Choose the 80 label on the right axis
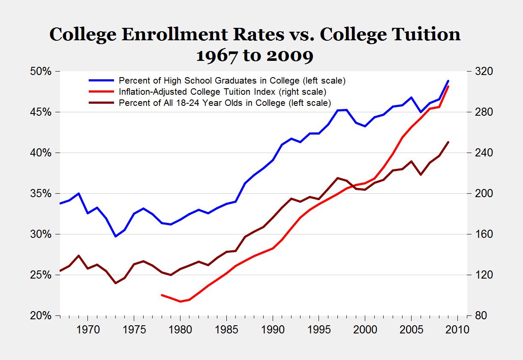[478, 316]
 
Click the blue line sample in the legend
[102, 80]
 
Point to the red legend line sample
[102, 92]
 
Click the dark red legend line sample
[102, 103]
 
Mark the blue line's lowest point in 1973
[115, 236]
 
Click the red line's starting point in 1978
[162, 295]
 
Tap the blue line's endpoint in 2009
[448, 81]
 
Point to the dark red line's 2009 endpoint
[448, 142]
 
